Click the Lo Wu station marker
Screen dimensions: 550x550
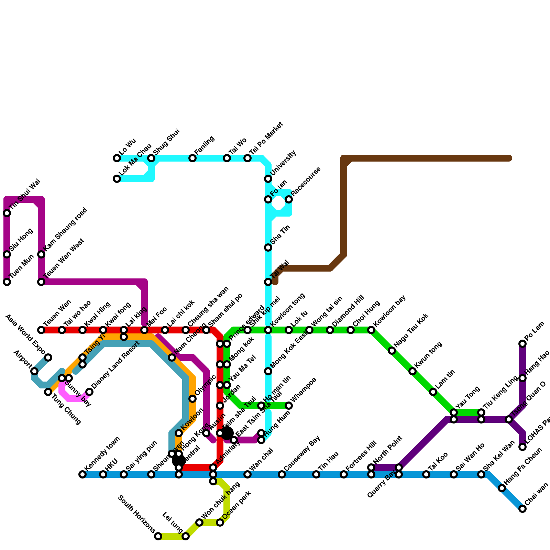(117, 158)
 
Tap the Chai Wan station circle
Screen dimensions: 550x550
(522, 509)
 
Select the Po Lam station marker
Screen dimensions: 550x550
(522, 344)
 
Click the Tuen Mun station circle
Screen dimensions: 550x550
(7, 282)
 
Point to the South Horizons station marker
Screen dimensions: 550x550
(158, 536)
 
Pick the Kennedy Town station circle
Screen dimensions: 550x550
(82, 474)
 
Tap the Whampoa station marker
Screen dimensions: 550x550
(289, 406)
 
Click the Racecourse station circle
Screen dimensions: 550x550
(289, 199)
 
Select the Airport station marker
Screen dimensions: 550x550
(34, 371)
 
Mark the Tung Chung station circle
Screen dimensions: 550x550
(48, 392)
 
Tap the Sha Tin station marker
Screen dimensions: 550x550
(268, 247)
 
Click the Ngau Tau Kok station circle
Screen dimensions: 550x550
(392, 351)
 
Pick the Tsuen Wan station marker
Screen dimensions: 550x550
(41, 330)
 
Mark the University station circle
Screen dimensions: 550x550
(268, 179)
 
